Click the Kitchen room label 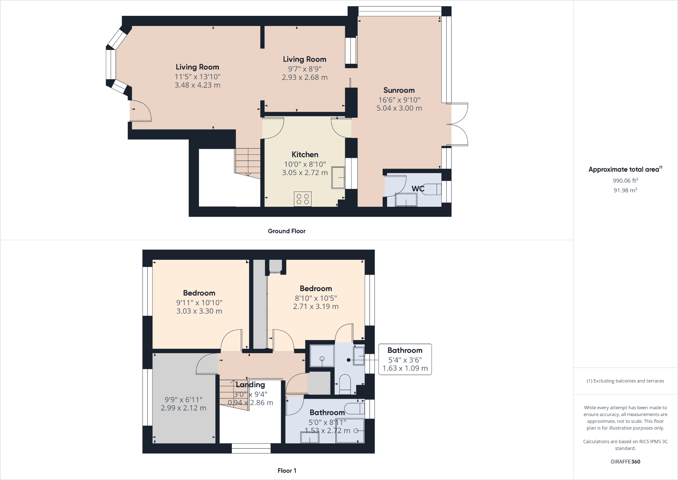coord(305,154)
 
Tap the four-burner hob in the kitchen coord(302,199)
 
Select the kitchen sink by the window coord(338,177)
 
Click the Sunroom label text coord(399,90)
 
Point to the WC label coord(418,189)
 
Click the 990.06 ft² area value coord(625,180)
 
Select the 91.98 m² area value coord(625,190)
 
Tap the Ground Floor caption coord(287,231)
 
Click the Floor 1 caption coord(287,471)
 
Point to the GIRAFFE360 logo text coord(625,462)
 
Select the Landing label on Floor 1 coord(250,385)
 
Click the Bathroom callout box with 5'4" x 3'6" coord(405,359)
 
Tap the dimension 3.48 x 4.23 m coord(197,85)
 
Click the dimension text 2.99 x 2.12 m coord(183,408)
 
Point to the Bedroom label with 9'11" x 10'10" coord(199,293)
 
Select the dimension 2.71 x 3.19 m coord(316,307)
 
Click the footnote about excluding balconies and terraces coord(625,381)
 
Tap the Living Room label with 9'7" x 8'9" coord(304,59)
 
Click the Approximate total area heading coord(623,170)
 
